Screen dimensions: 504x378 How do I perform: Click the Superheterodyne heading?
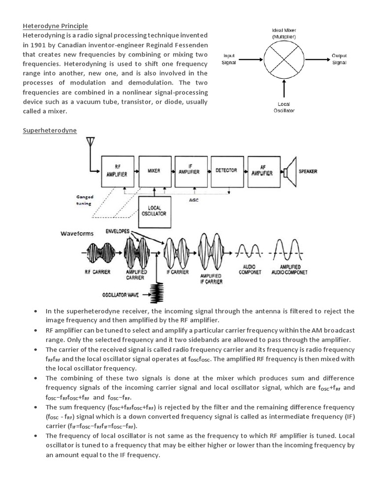tap(50, 130)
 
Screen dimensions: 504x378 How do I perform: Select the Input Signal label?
tap(230, 60)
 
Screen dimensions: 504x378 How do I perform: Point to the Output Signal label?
tap(339, 59)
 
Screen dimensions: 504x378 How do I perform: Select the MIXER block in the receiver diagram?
tap(154, 170)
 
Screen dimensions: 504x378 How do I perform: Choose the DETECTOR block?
tap(226, 170)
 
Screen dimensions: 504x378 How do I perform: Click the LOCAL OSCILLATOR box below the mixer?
tap(155, 211)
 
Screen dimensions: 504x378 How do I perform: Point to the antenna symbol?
tap(90, 143)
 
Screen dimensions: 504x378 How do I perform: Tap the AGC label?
tap(193, 200)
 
